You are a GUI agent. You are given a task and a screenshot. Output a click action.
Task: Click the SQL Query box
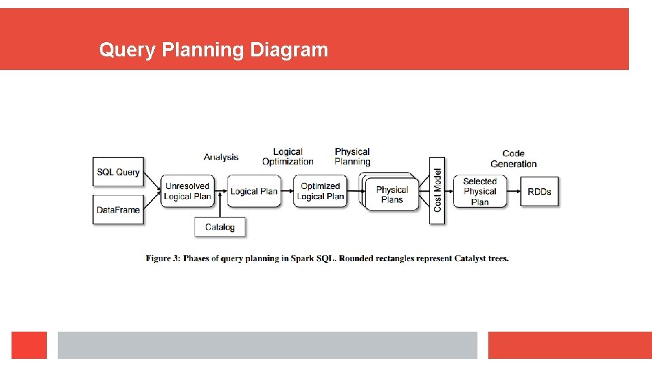[117, 172]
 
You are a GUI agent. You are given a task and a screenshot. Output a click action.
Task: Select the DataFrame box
[117, 210]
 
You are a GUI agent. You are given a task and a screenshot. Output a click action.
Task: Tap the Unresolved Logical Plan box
[187, 192]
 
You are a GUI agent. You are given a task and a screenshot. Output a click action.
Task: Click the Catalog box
[219, 227]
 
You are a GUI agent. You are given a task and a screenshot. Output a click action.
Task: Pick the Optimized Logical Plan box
[320, 192]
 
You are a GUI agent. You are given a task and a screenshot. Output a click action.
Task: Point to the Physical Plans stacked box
[391, 194]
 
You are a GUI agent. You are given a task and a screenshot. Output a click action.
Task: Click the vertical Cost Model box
[437, 190]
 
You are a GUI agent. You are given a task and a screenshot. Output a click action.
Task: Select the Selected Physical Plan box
[479, 192]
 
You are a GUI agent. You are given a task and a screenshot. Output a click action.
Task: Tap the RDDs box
[539, 192]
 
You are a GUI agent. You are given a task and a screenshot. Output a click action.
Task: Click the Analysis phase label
[221, 157]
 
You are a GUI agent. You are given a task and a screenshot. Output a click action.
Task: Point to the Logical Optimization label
[287, 157]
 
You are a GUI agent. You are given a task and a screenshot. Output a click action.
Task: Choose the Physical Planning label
[352, 157]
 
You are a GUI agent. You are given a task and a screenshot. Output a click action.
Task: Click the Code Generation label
[513, 158]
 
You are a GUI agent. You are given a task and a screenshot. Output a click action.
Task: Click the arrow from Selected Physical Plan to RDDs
[514, 192]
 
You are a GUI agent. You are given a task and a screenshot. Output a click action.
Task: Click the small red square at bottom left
[29, 345]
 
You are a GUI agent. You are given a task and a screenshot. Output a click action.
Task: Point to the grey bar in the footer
[267, 345]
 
